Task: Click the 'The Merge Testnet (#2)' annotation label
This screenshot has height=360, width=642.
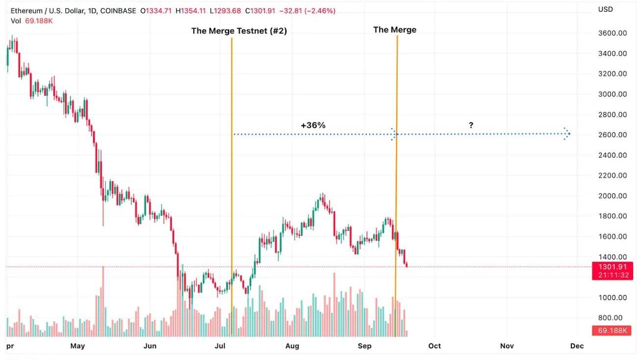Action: point(239,31)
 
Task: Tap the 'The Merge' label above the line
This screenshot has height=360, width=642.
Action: point(395,30)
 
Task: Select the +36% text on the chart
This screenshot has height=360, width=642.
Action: point(313,125)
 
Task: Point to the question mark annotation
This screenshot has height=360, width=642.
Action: point(471,125)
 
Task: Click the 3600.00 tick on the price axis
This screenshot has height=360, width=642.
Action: point(612,33)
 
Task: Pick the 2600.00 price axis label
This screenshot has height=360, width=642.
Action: point(612,135)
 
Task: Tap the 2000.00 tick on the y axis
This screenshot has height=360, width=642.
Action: point(612,196)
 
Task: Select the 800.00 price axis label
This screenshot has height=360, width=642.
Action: point(612,318)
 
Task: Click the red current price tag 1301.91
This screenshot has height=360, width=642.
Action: point(612,267)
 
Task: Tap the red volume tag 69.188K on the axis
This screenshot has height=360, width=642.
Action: point(612,331)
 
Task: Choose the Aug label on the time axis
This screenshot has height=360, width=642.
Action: point(292,346)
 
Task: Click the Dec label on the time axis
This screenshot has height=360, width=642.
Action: point(577,346)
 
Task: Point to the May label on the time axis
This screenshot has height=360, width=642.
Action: point(77,346)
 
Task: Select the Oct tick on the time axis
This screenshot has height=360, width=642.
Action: point(434,346)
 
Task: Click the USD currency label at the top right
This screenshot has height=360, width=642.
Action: point(605,9)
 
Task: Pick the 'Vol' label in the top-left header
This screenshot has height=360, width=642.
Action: point(16,21)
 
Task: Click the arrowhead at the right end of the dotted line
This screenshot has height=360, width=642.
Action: point(568,134)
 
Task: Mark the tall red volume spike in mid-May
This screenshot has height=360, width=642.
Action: point(103,301)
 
